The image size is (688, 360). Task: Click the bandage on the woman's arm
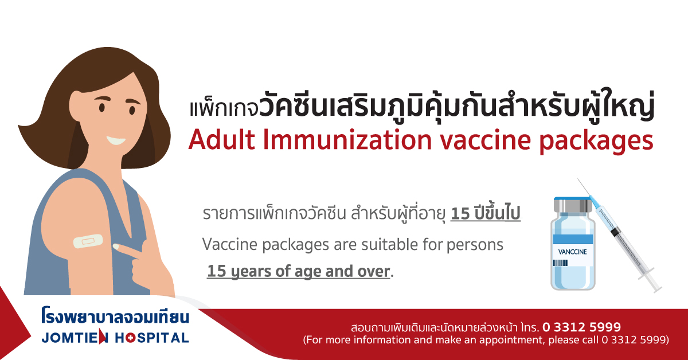(88, 241)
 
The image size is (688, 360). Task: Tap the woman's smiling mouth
(115, 140)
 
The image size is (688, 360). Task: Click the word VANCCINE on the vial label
(572, 252)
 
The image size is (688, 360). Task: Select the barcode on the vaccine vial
(561, 263)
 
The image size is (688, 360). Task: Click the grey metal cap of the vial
(573, 205)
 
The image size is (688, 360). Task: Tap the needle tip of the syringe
(578, 179)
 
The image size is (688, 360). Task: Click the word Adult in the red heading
(222, 140)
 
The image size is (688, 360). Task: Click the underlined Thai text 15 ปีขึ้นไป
(486, 213)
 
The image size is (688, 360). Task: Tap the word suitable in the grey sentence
(389, 245)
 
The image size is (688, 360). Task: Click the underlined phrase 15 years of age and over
(299, 272)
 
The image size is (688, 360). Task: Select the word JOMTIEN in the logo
(75, 338)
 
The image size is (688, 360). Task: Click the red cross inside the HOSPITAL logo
(130, 338)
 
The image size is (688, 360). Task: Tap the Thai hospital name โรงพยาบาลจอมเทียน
(115, 316)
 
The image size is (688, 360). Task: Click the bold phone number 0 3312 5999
(582, 327)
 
